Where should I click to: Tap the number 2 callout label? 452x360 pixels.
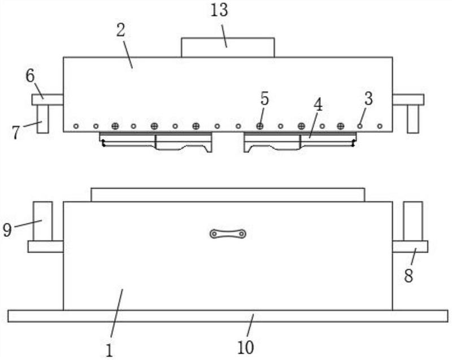121,30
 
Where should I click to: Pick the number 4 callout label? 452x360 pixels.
318,105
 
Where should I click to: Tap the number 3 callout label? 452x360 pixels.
368,98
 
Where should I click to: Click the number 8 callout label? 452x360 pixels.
408,276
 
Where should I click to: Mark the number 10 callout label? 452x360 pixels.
245,347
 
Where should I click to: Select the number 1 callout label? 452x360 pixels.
110,350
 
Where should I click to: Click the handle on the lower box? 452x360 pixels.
227,233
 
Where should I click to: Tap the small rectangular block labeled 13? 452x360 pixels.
227,47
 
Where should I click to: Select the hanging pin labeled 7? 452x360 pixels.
42,119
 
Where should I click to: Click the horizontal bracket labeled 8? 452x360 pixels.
410,246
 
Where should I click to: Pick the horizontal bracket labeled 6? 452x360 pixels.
47,100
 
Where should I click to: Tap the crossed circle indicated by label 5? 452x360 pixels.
260,125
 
